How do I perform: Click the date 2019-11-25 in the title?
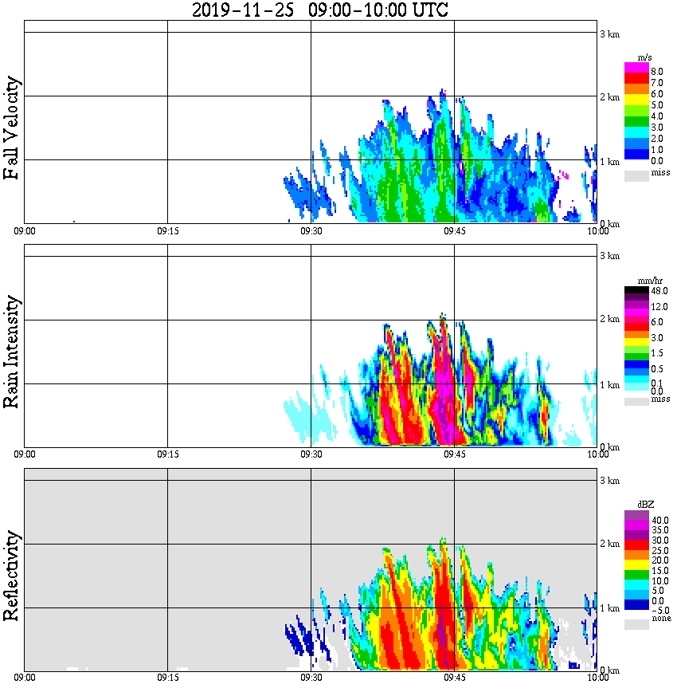click(x=243, y=10)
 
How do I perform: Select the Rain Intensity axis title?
click(x=11, y=352)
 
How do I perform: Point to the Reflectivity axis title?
click(x=11, y=575)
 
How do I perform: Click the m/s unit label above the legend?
click(x=645, y=57)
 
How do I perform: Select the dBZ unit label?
click(x=645, y=505)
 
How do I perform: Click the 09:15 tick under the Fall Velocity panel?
click(x=167, y=231)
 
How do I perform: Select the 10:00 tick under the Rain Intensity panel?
click(x=597, y=454)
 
